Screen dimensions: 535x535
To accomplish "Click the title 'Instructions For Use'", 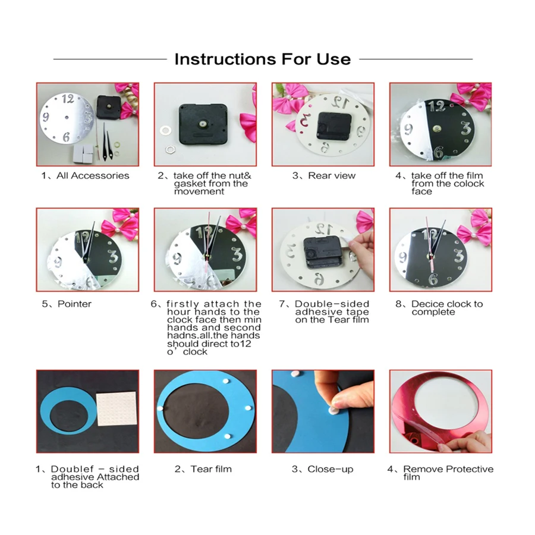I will [x=262, y=59].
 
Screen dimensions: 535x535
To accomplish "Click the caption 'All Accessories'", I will [x=85, y=175].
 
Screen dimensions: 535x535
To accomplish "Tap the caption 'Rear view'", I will [x=324, y=175].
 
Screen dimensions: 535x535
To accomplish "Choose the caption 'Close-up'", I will [x=323, y=469].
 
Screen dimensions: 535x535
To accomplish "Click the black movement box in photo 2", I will [x=204, y=124].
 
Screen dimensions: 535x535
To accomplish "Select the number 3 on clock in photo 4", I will [x=466, y=128].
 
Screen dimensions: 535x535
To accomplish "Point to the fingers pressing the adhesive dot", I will [x=340, y=396].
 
